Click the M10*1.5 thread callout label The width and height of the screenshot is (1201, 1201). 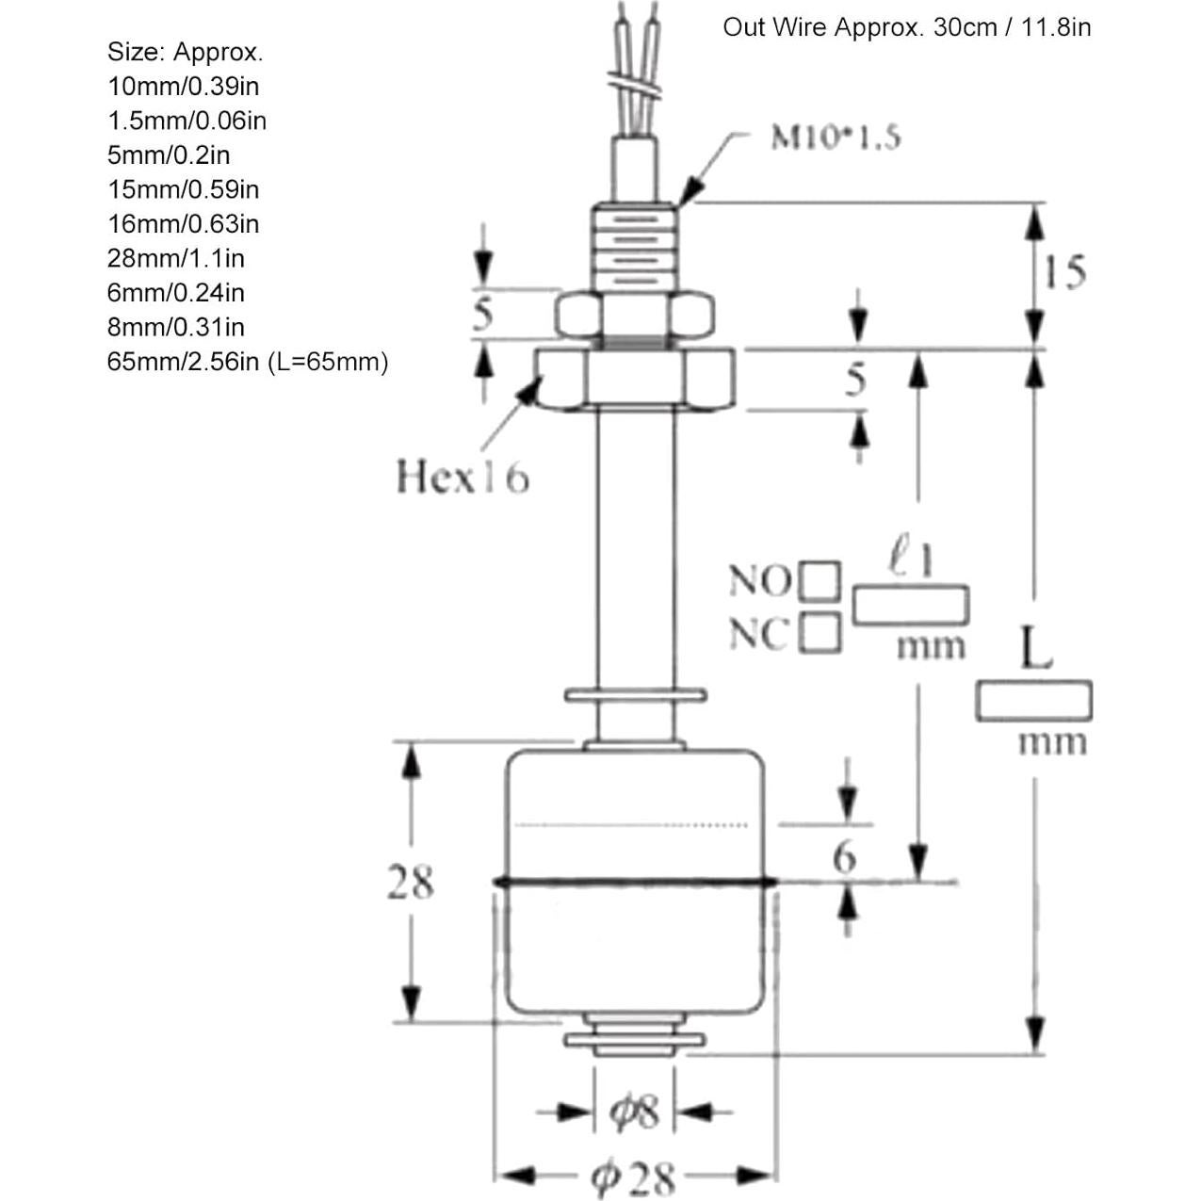[835, 138]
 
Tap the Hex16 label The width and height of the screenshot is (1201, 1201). [462, 477]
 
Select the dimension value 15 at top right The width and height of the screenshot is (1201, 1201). [1064, 272]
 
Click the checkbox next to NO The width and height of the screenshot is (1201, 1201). [820, 581]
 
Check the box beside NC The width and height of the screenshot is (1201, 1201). [820, 633]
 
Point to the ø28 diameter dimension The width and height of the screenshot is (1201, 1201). [633, 1177]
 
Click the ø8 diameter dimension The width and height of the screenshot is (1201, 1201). [634, 1112]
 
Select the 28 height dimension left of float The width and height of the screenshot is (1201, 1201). [410, 883]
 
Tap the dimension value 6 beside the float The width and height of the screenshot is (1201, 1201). [844, 857]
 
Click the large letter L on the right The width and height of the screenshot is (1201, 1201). [1035, 648]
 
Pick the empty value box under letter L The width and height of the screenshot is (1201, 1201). [1033, 702]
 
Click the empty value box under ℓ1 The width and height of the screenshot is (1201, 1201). [910, 605]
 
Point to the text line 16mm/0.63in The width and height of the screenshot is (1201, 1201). [183, 224]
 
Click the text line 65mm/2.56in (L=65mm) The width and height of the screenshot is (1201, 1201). [247, 362]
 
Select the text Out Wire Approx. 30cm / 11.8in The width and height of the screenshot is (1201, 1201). [906, 27]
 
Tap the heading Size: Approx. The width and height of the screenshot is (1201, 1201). [185, 52]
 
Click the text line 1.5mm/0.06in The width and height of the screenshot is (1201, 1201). [187, 121]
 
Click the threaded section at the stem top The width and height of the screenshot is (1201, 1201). [634, 248]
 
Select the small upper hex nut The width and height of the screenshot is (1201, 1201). [634, 315]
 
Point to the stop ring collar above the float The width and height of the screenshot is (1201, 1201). [634, 696]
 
